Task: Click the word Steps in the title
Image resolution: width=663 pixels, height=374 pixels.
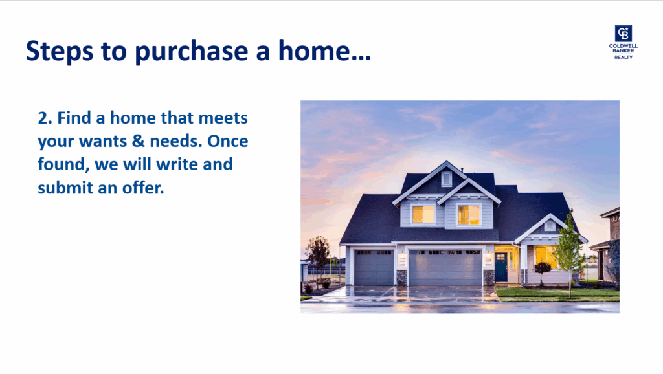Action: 60,50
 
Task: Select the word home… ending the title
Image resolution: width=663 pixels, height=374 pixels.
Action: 324,50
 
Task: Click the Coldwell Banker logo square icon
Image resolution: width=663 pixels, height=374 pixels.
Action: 624,34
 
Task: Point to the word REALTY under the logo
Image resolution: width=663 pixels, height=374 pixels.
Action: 624,57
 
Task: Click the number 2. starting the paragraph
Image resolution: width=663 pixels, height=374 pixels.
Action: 45,118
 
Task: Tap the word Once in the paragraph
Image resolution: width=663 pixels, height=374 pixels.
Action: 227,141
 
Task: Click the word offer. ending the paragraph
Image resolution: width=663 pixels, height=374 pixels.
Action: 143,187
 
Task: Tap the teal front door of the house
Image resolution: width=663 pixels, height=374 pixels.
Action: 501,267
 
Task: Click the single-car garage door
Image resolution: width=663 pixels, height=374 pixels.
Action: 374,267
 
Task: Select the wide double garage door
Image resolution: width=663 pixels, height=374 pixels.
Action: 445,267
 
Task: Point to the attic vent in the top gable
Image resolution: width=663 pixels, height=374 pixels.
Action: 447,179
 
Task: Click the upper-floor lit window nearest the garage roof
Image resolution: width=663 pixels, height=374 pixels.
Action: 423,214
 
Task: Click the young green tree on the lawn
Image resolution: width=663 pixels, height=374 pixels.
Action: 569,249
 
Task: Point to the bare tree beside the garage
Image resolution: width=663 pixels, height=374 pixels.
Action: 317,254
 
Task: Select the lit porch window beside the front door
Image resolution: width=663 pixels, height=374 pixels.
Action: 546,256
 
